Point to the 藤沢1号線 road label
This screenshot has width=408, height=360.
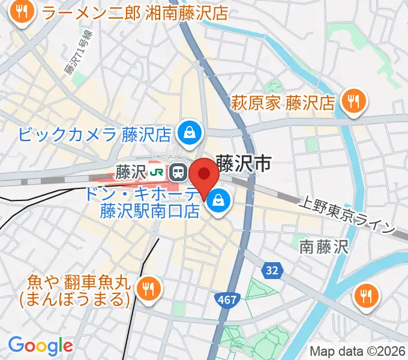70,54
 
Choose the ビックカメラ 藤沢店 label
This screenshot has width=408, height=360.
96,133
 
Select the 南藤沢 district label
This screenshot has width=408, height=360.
323,246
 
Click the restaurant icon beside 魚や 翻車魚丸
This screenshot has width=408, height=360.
147,289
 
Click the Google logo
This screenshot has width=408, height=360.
40,346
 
